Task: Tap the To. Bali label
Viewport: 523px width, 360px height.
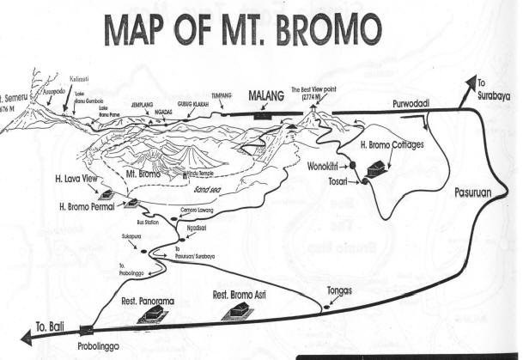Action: (x=52, y=326)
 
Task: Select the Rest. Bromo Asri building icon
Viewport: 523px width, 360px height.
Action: (x=236, y=311)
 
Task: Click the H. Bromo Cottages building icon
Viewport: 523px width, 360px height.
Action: (x=375, y=169)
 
